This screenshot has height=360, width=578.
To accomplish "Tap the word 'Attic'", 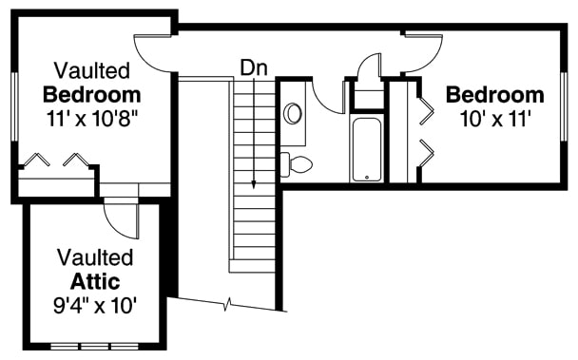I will (95, 281).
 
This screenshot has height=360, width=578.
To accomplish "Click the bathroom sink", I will (294, 113).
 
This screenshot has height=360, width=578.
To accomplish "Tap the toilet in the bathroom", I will (299, 162).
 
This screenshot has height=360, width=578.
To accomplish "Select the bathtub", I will (366, 149).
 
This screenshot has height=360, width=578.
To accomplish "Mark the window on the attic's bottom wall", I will (95, 345).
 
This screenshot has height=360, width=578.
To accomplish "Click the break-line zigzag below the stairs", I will (228, 306).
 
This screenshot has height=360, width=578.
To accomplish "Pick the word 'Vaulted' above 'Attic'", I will (95, 257).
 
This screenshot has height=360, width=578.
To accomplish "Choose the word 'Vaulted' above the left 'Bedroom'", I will (92, 70).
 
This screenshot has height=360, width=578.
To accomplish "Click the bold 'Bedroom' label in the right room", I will (495, 95).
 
